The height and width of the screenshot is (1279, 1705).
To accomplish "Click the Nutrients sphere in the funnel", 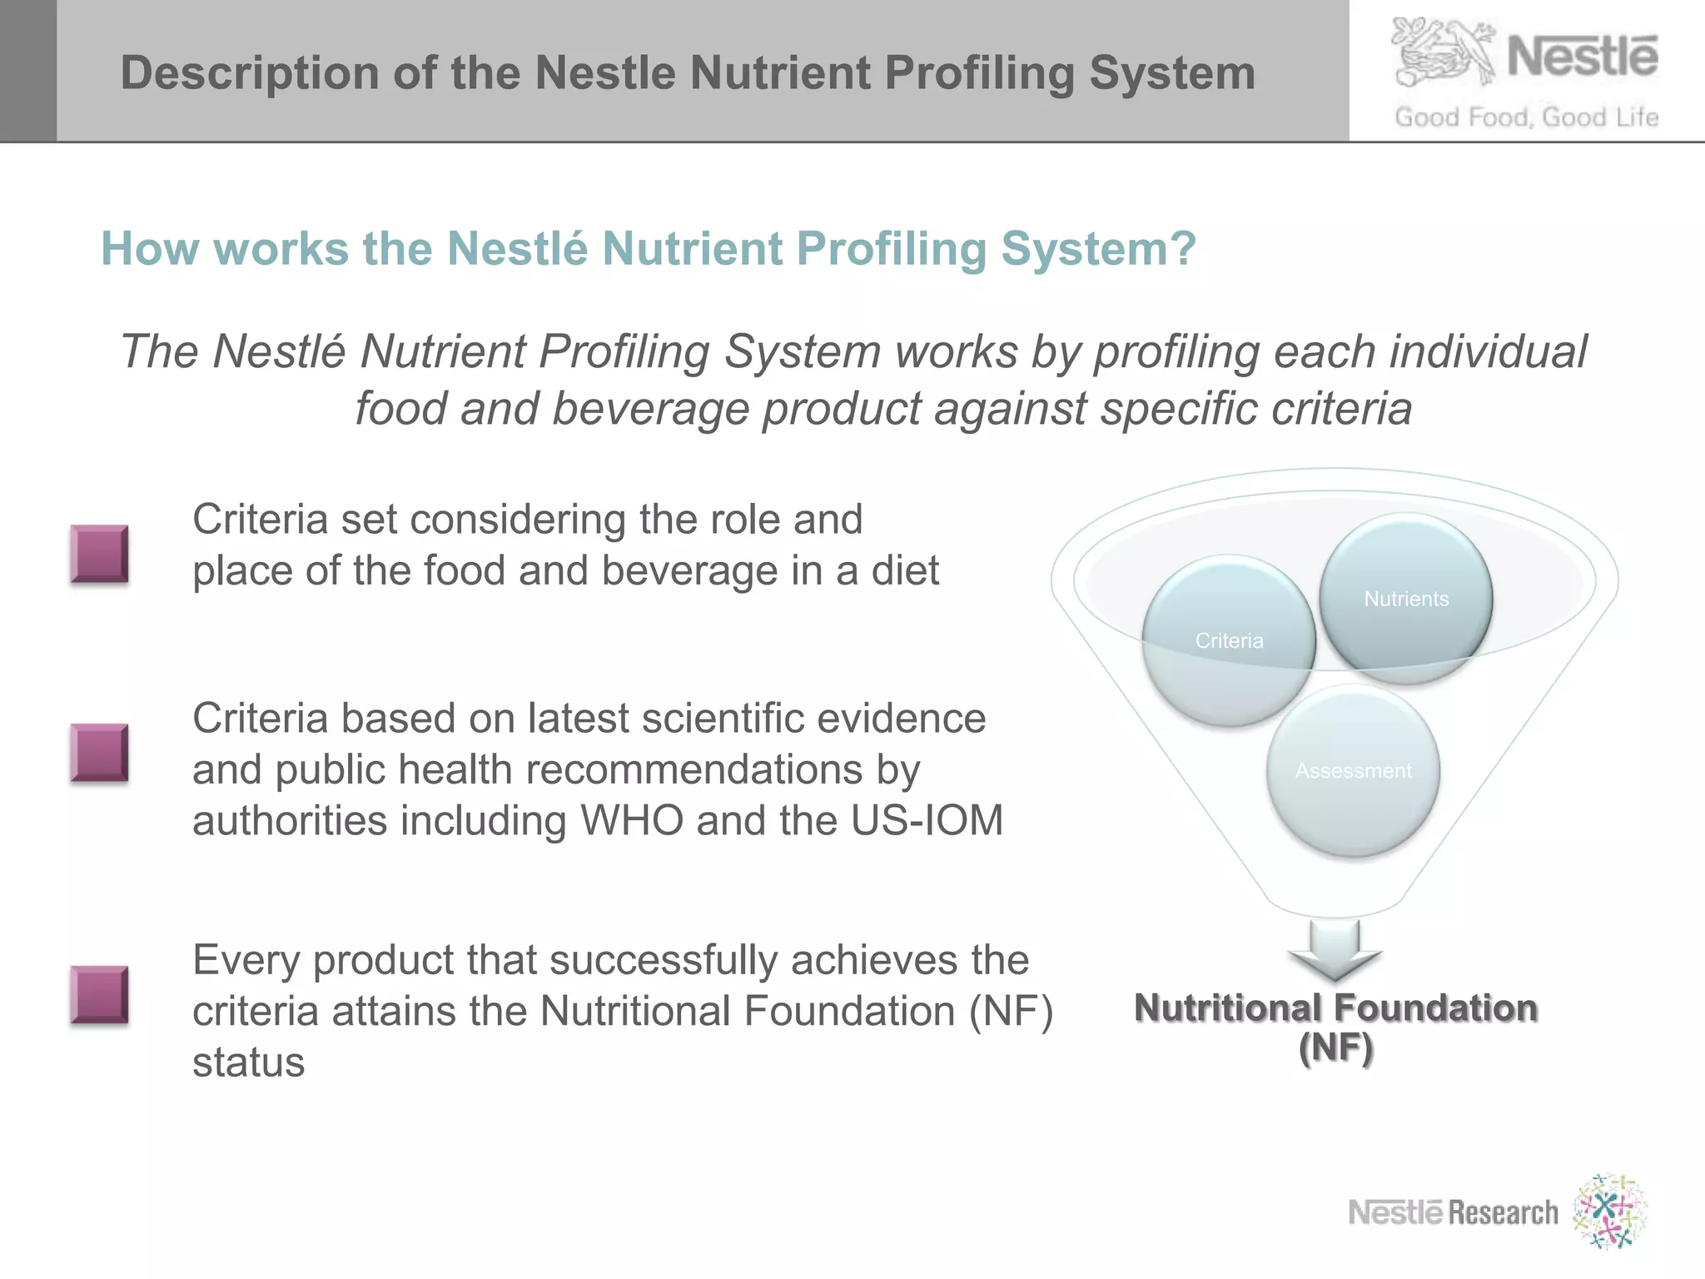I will [x=1406, y=599].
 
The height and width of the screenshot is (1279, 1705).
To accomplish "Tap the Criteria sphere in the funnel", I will [x=1229, y=640].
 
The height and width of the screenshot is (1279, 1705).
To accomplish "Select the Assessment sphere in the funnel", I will [x=1353, y=771].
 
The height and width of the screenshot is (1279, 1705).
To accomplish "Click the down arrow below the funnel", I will [x=1335, y=950].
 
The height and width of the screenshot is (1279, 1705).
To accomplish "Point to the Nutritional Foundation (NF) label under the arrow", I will [x=1335, y=1028].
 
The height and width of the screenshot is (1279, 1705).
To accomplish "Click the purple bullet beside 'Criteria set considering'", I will [x=100, y=554].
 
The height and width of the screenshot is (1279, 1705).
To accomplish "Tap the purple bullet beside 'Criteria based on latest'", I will [x=100, y=754].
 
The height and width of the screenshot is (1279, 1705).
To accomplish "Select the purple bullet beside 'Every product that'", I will [x=100, y=994].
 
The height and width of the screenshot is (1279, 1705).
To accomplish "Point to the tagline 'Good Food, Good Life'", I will [x=1526, y=117].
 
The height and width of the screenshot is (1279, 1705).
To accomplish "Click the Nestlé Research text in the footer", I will [x=1453, y=1212].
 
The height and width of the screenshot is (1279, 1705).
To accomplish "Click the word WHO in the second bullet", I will [x=632, y=820].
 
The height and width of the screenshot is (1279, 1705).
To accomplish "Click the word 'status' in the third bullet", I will [x=248, y=1063].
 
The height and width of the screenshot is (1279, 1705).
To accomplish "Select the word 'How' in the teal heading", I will [x=150, y=248].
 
